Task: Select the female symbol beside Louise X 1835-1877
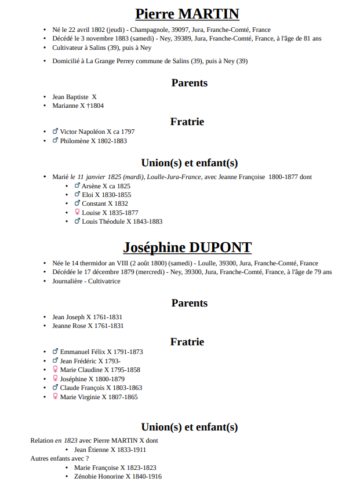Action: click(x=77, y=213)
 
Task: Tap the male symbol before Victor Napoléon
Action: click(x=55, y=132)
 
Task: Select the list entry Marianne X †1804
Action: click(x=78, y=106)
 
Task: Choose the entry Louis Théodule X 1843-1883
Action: click(x=122, y=221)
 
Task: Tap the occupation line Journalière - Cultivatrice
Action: click(x=86, y=281)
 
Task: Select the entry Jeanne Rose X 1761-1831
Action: click(x=87, y=326)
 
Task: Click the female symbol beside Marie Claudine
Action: click(x=55, y=369)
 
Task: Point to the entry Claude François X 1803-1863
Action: click(x=101, y=388)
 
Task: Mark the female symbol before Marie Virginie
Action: click(x=55, y=396)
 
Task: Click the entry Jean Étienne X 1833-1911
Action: click(x=110, y=450)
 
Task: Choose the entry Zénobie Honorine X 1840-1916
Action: click(x=118, y=476)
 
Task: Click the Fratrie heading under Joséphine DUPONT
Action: click(x=187, y=342)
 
